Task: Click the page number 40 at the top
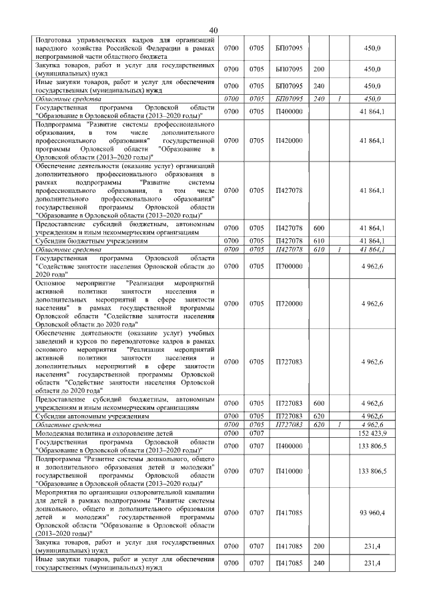pyautogui.click(x=213, y=30)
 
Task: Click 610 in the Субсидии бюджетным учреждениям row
pyautogui.click(x=319, y=240)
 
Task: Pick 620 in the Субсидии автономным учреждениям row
pyautogui.click(x=319, y=415)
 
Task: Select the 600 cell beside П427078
pyautogui.click(x=319, y=228)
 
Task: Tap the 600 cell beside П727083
pyautogui.click(x=319, y=403)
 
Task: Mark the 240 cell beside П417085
pyautogui.click(x=319, y=563)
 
